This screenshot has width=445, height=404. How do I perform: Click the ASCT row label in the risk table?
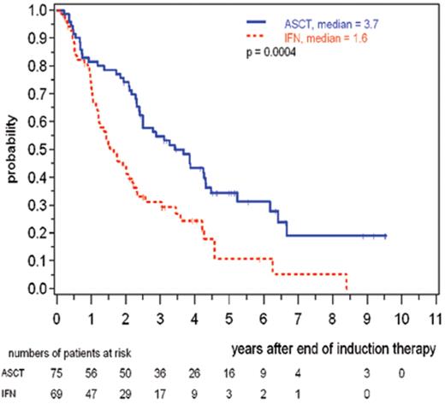pyautogui.click(x=16, y=372)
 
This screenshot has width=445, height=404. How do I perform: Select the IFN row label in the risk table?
pyautogui.click(x=13, y=393)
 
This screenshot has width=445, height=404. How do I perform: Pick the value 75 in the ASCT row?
pyautogui.click(x=57, y=372)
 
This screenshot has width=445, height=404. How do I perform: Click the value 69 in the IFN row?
pyautogui.click(x=57, y=393)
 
